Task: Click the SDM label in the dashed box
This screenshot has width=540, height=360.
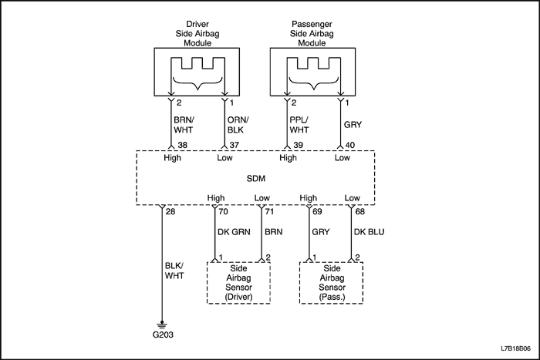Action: pyautogui.click(x=255, y=179)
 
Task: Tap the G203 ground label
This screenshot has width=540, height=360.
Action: pyautogui.click(x=163, y=336)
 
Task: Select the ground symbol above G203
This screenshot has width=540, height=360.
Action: pyautogui.click(x=163, y=325)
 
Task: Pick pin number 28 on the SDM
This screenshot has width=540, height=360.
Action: pyautogui.click(x=171, y=210)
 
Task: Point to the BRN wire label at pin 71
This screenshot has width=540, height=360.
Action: pyautogui.click(x=274, y=230)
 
